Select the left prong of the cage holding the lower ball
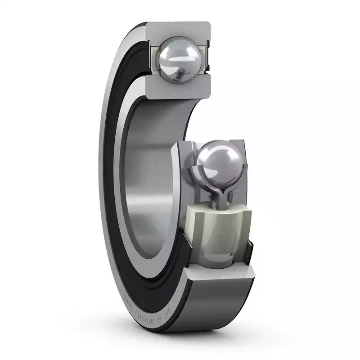tap(196, 173)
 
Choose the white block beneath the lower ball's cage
tap(220, 229)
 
